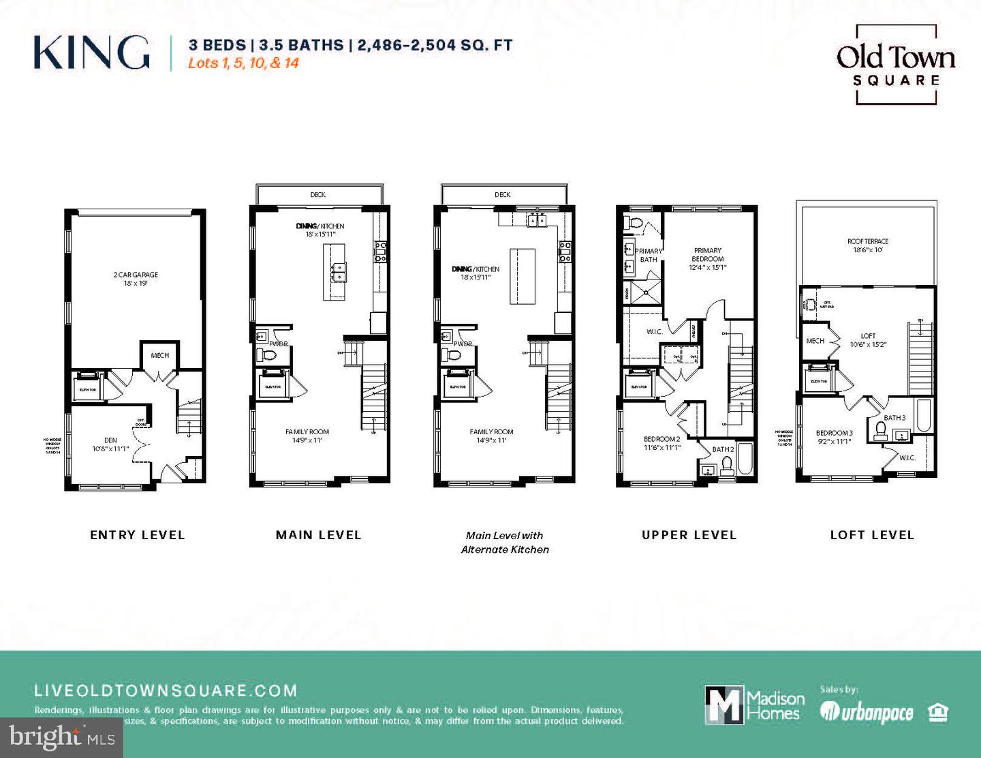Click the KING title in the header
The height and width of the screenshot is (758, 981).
click(x=91, y=52)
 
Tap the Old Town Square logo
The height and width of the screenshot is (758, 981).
click(x=896, y=64)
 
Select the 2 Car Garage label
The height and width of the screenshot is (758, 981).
click(x=136, y=279)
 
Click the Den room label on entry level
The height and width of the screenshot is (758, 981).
click(x=110, y=444)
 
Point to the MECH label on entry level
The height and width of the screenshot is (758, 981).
click(x=159, y=355)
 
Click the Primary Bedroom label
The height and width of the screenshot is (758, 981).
click(x=708, y=258)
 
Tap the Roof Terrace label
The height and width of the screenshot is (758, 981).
click(x=867, y=245)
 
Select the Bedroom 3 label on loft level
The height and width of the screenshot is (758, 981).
click(x=834, y=437)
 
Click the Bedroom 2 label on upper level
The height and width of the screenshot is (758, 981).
click(x=661, y=443)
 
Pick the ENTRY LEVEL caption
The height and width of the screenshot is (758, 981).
click(x=138, y=535)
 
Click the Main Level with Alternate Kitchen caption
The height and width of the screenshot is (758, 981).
click(x=505, y=542)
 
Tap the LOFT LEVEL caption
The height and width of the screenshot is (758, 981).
click(x=872, y=535)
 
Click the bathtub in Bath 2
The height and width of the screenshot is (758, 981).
click(x=745, y=460)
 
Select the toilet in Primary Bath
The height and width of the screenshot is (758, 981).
click(x=634, y=222)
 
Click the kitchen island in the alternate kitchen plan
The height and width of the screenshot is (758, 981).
click(x=523, y=276)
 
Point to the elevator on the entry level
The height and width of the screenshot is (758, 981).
click(x=88, y=386)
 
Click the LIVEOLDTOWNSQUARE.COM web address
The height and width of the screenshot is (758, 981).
click(x=166, y=691)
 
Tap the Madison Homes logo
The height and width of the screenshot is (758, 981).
click(x=753, y=704)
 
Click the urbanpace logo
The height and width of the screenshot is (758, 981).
click(x=867, y=712)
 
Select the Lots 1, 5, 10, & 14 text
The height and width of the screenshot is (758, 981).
click(x=244, y=63)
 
